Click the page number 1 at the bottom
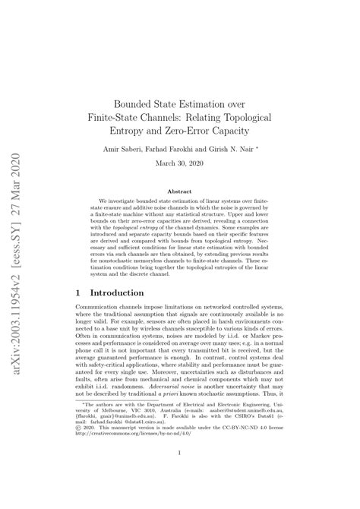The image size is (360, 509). [179, 475]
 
